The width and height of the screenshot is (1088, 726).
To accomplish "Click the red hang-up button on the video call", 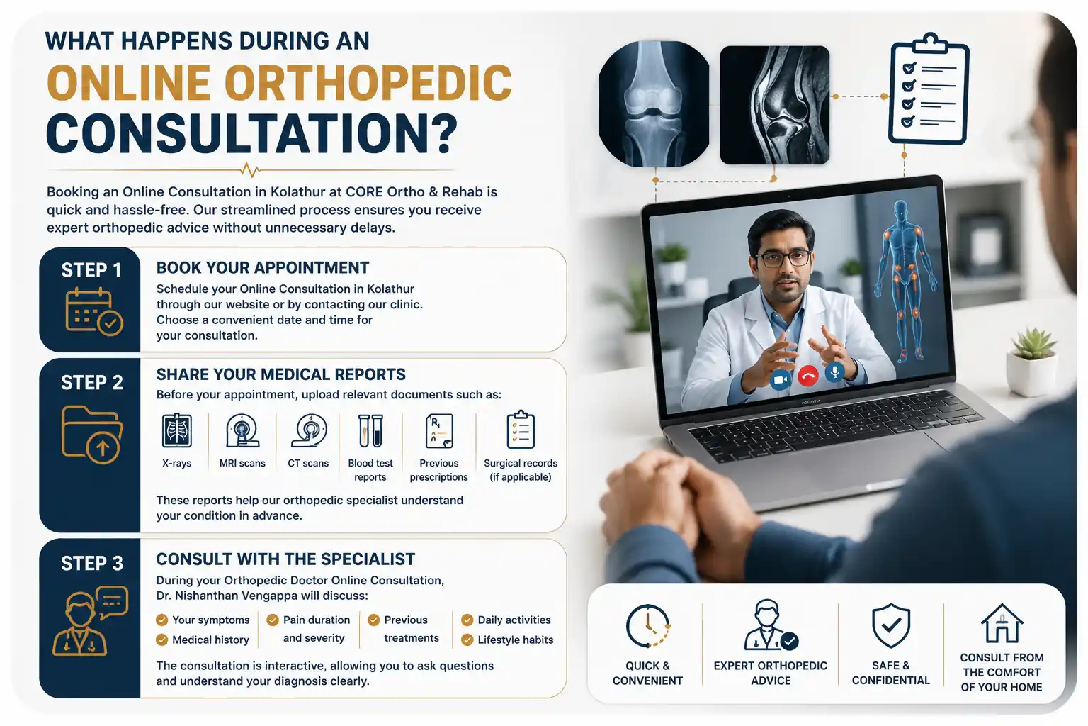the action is tap(807, 376).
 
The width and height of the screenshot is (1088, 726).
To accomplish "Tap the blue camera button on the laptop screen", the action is tap(780, 379).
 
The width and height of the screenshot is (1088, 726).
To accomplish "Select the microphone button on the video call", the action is tap(835, 372).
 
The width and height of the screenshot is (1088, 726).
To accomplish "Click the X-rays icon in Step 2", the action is tap(177, 430).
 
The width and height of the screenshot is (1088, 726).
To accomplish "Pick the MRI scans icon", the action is tap(242, 430).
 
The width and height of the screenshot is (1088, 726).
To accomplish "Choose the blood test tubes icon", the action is tap(370, 430).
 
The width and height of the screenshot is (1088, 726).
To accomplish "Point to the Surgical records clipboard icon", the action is tap(521, 430).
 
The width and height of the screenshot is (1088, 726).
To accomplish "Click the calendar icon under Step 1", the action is tap(93, 312).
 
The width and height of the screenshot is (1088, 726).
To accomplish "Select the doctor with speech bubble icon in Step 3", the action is tap(90, 621).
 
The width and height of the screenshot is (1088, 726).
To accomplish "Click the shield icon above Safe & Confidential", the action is tap(891, 625).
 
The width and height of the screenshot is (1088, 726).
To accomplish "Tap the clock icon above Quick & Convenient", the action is tap(648, 626).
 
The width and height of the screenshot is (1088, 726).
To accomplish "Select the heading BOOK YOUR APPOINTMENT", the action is tap(263, 268).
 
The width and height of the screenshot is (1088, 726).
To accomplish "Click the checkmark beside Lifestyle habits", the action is tap(467, 640).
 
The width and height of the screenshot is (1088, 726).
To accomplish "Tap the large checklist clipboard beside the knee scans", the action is tap(929, 89).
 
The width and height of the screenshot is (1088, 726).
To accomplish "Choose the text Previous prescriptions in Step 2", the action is tap(438, 470).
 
